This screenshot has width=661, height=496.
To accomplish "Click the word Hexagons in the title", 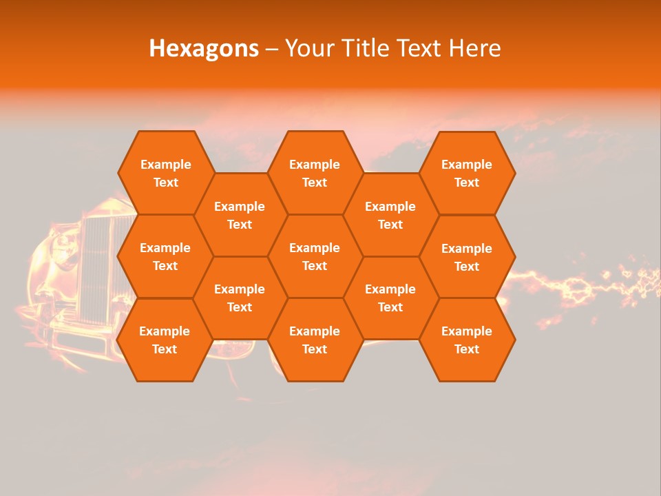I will click(204, 48).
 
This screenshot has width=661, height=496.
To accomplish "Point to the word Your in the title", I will click(308, 48).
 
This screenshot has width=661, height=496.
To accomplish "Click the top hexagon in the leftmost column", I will click(165, 173).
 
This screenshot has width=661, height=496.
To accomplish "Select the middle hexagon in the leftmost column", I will click(165, 256).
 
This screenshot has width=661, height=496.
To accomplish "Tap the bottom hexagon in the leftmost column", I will click(165, 340).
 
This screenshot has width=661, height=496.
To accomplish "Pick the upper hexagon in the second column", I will click(240, 215).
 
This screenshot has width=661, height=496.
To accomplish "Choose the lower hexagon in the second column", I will click(240, 298).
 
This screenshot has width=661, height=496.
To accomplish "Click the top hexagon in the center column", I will click(315, 173).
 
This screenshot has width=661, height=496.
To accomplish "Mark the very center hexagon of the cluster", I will click(315, 256).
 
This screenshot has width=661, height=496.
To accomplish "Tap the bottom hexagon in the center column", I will click(315, 340).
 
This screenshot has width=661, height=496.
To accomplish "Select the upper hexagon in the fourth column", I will click(390, 215).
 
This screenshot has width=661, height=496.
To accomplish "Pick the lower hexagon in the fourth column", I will click(390, 298).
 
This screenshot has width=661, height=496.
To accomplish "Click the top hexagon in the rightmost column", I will click(467, 173).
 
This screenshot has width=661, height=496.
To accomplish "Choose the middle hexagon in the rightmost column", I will click(467, 257).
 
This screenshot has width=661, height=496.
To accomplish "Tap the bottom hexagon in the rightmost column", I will click(467, 340).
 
